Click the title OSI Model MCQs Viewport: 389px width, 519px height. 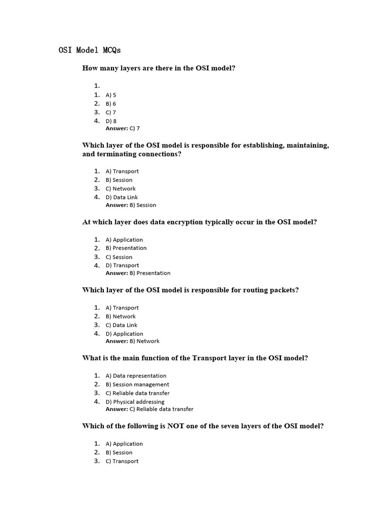tap(90, 50)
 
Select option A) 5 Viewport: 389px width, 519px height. tap(111, 95)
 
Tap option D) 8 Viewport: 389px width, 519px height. tap(111, 121)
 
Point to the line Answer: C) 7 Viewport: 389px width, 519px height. tap(123, 128)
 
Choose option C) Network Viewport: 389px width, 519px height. tap(121, 189)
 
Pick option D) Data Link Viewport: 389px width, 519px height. tap(122, 197)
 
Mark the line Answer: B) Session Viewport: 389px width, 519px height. tap(131, 205)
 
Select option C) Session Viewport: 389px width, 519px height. tap(119, 257)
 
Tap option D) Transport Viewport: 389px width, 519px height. tap(122, 265)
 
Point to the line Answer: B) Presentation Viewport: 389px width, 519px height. tap(138, 273)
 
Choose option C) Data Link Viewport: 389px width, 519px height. tap(122, 325)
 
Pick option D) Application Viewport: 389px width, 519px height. tap(124, 333)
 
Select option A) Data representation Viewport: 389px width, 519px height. tap(136, 376)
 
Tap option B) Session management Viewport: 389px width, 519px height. tap(137, 384)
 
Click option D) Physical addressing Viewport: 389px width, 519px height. tap(135, 401)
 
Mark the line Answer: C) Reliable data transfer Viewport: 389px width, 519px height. tap(149, 409)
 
